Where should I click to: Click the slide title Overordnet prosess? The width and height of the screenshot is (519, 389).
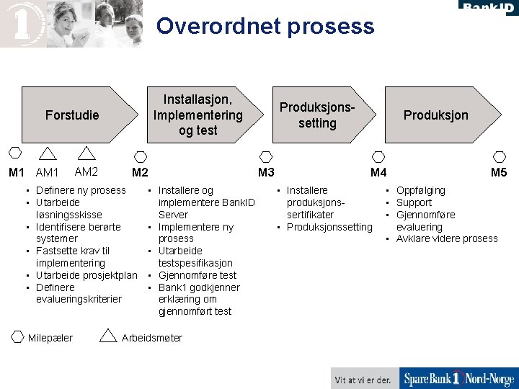[265, 27]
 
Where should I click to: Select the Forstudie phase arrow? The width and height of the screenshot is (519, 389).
[72, 115]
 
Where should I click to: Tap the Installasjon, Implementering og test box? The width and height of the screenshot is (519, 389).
[198, 115]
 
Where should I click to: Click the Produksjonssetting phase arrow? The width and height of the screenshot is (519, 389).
[317, 115]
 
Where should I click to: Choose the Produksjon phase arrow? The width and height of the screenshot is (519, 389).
[435, 115]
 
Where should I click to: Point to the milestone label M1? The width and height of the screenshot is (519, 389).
[17, 172]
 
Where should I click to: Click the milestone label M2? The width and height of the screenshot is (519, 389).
[140, 172]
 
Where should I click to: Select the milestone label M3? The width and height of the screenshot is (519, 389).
[266, 172]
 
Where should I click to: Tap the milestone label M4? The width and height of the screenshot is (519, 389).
[378, 172]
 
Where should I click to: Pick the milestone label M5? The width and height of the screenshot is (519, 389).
[499, 172]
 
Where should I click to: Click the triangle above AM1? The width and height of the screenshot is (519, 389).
[48, 153]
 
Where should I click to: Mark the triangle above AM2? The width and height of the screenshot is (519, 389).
[86, 153]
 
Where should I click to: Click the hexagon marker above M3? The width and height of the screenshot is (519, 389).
[266, 156]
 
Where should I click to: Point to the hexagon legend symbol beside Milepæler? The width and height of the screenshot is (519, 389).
[17, 337]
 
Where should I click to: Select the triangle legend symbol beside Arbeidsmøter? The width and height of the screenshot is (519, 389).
[108, 336]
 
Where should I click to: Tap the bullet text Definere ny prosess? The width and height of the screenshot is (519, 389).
[81, 190]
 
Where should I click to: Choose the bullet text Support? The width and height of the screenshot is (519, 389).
[414, 202]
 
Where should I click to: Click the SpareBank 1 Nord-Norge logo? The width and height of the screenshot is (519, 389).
[458, 379]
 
